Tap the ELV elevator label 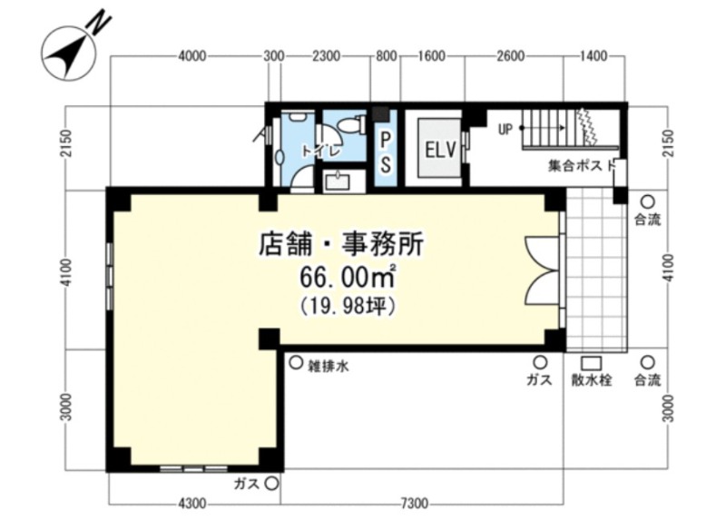tap(440, 150)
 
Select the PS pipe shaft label tap(385, 152)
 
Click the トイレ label tap(322, 151)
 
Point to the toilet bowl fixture tap(349, 124)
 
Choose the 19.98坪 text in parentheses tap(348, 306)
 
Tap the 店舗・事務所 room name tap(341, 244)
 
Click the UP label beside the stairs tap(505, 129)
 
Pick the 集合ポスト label tap(582, 165)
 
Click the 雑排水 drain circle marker tap(296, 362)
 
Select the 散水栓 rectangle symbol tap(592, 363)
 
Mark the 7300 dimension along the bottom tap(414, 502)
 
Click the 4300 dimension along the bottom tap(192, 502)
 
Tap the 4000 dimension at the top tap(191, 56)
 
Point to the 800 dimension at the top tap(387, 56)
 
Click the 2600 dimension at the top tap(510, 56)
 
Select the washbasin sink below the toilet tap(341, 181)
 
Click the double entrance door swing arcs tap(542, 270)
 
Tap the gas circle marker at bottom tap(271, 484)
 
